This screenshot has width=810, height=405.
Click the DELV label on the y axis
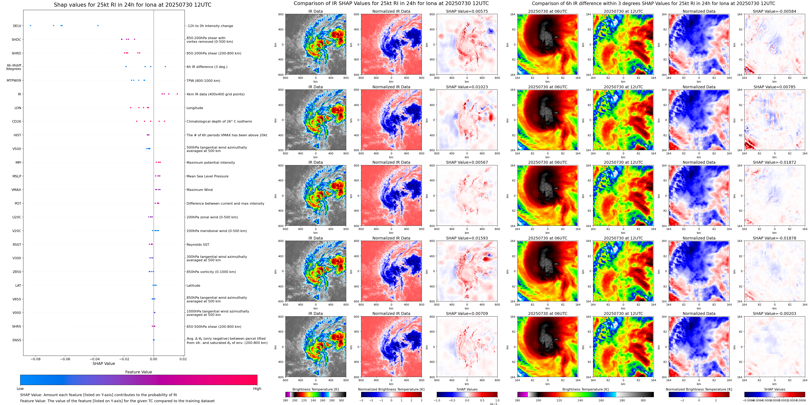[x=17, y=26]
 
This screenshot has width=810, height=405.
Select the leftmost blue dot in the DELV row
[x=30, y=25]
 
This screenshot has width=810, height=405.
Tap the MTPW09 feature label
[x=14, y=80]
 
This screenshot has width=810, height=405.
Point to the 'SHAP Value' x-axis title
[x=103, y=363]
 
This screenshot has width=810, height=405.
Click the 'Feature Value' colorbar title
[x=138, y=372]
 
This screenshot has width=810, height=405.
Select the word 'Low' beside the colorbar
[x=20, y=389]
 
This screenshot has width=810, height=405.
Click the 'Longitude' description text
[x=195, y=108]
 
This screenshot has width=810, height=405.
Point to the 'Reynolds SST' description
[x=198, y=245]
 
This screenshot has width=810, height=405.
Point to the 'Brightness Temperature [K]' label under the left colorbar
[x=315, y=389]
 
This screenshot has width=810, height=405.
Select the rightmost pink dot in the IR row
[x=177, y=94]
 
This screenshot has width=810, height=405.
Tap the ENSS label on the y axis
[x=17, y=340]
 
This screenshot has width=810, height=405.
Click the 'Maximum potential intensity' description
[x=210, y=162]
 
